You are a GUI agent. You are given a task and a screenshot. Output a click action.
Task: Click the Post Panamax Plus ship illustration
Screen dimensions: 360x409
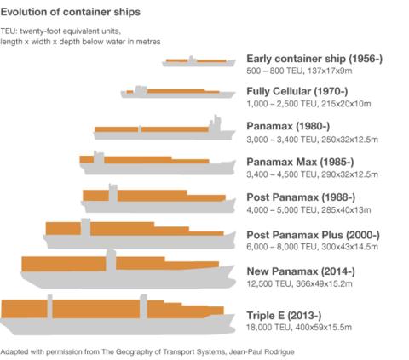click(x=136, y=232)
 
